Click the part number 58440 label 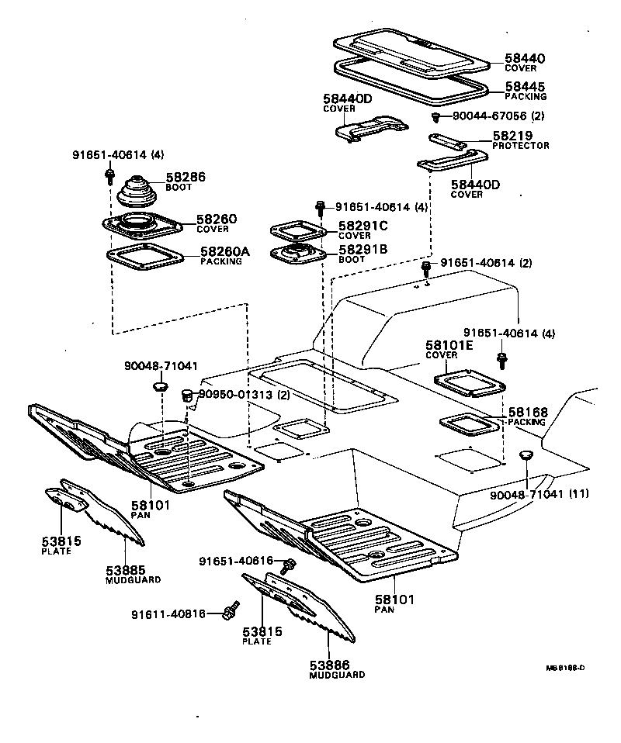(x=526, y=58)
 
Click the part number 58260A (x=225, y=251)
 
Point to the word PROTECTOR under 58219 (x=521, y=146)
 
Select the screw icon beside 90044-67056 (x=436, y=117)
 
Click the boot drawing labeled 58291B (x=296, y=254)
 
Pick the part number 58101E (x=449, y=345)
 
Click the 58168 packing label (x=528, y=413)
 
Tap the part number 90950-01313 (x=236, y=394)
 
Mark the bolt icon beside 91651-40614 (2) (x=426, y=268)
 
